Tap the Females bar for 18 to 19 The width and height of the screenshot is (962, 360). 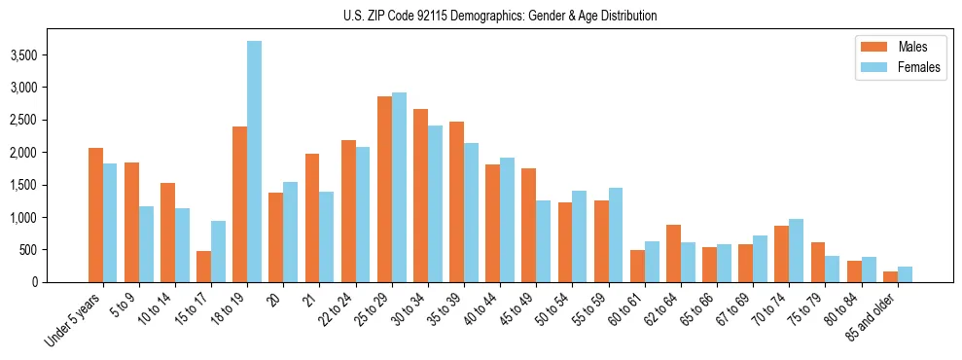point(254,162)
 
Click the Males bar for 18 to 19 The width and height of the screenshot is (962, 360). point(239,204)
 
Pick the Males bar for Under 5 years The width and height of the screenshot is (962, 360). point(95,215)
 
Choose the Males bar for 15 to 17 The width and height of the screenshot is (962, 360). point(203,267)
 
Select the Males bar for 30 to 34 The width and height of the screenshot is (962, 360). point(420,196)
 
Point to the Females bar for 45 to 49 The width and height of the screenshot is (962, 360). point(543,241)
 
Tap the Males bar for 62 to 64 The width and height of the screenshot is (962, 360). point(673,253)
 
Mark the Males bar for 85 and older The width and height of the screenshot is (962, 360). point(890,276)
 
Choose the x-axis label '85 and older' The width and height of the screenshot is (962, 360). point(873,316)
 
